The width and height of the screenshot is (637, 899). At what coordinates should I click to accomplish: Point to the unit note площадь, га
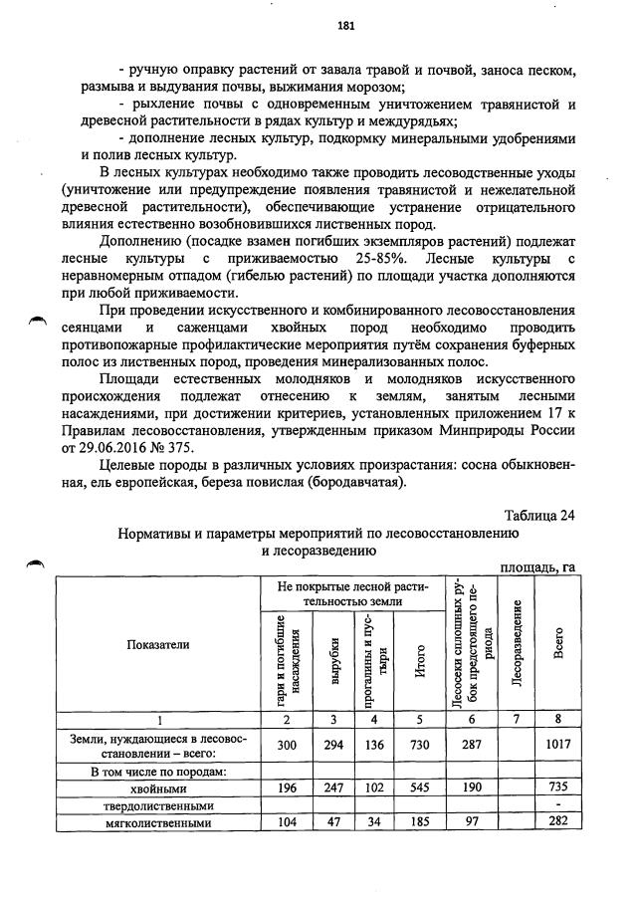click(x=538, y=565)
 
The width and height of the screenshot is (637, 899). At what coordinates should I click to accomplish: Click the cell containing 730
click(x=420, y=747)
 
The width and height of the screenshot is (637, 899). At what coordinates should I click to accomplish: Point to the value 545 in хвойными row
click(x=420, y=787)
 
